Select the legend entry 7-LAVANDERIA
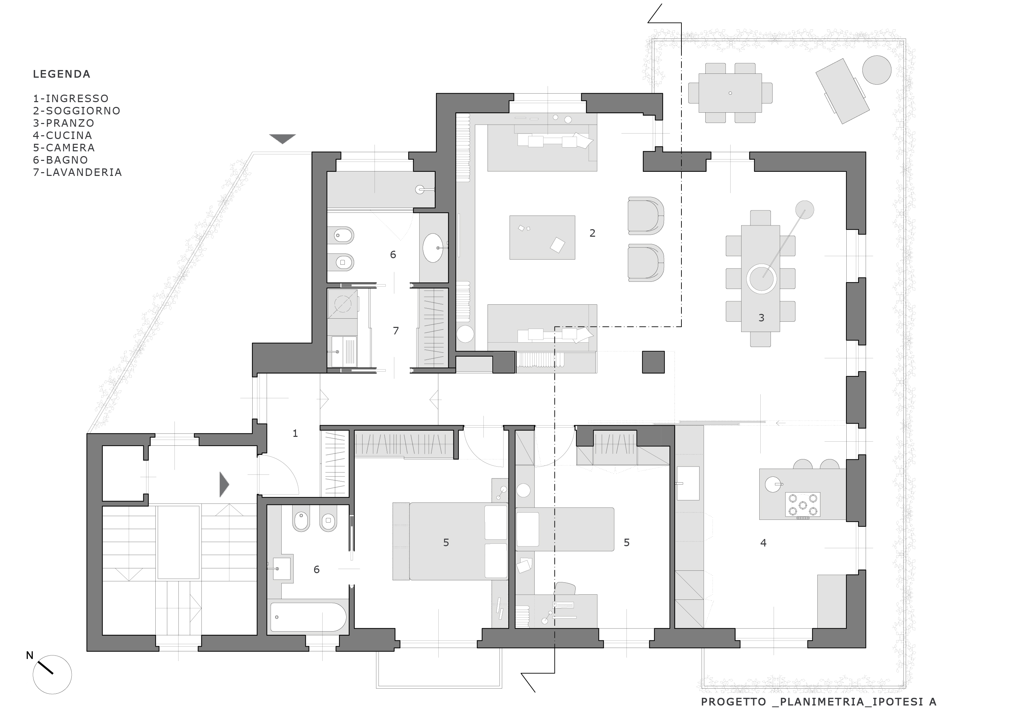[77, 172]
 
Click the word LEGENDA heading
[61, 74]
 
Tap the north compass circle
[52, 674]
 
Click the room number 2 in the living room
[593, 233]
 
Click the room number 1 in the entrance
[295, 433]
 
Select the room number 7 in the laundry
[396, 330]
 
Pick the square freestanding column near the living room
[653, 362]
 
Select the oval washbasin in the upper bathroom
[433, 248]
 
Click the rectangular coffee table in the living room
[542, 237]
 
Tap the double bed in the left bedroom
[450, 541]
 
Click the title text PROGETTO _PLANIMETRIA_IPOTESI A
[819, 702]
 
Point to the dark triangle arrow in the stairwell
[224, 484]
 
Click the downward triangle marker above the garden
[283, 139]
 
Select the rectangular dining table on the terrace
[730, 93]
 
